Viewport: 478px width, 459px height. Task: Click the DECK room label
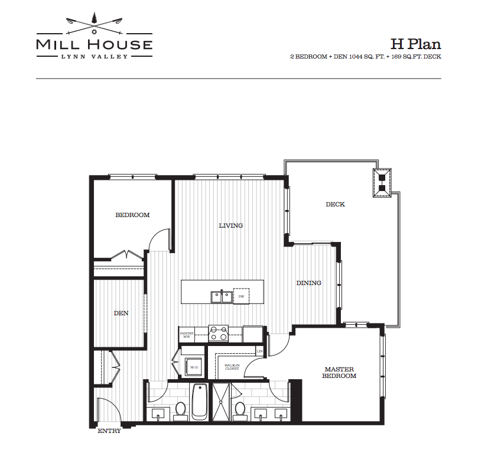point(335,204)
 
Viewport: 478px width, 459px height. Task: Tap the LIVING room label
point(231,225)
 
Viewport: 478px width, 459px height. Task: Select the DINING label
point(309,283)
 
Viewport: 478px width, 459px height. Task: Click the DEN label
point(121,313)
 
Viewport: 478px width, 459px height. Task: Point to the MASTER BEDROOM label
point(339,373)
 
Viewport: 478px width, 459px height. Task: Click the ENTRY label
point(109,431)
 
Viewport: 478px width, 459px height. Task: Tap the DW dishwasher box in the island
point(241,296)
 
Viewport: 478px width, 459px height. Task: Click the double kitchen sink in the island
point(222,297)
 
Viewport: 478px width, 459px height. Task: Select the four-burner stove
point(218,333)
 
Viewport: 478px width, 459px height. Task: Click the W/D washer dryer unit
point(194,367)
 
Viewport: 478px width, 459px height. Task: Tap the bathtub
point(200,402)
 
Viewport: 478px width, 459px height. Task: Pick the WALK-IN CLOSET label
point(232,367)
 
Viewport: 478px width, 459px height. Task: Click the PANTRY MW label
point(187,335)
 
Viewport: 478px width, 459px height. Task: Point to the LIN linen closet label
point(260,351)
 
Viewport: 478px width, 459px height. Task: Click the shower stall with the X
point(221,402)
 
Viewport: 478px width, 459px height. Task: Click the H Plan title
point(416,44)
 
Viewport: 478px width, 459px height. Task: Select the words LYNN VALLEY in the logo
point(95,56)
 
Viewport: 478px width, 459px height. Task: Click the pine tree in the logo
point(94,19)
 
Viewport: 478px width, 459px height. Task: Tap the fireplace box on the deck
point(382,183)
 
